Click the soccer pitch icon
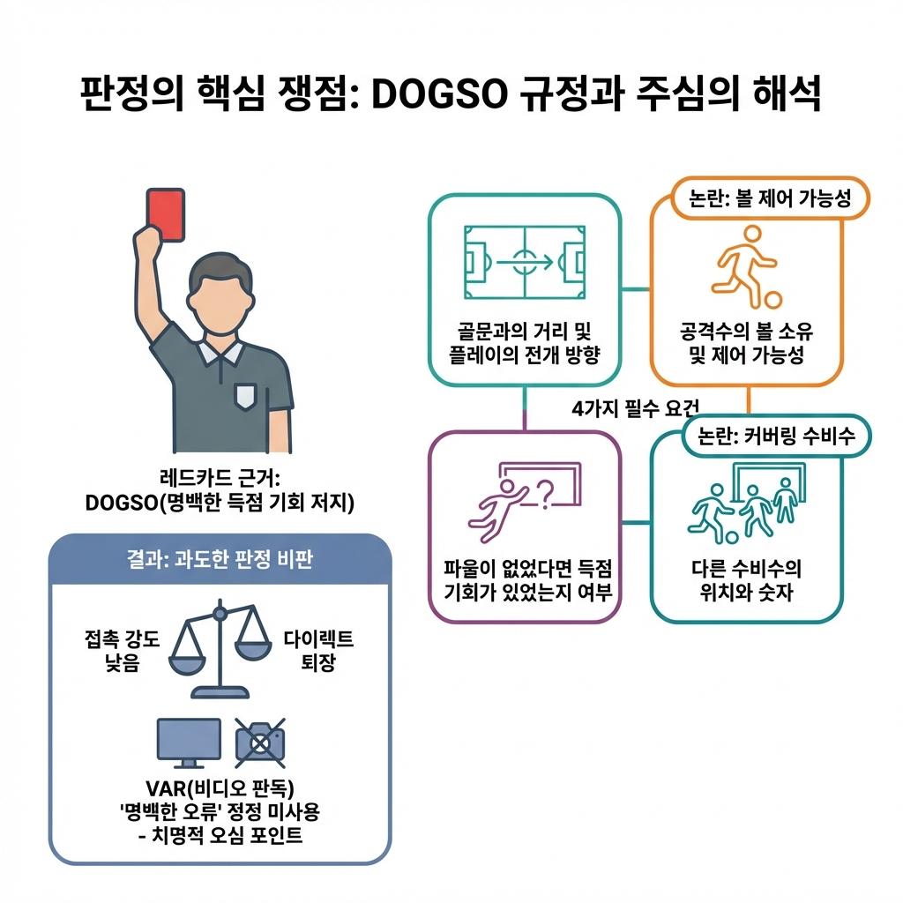pos(524,261)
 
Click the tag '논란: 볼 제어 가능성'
pos(770,199)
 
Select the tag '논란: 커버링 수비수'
pos(776,436)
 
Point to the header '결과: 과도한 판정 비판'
pos(220,561)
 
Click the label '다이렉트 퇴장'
pos(318,651)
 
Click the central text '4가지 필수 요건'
pos(635,407)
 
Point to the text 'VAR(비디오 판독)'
pos(220,787)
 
